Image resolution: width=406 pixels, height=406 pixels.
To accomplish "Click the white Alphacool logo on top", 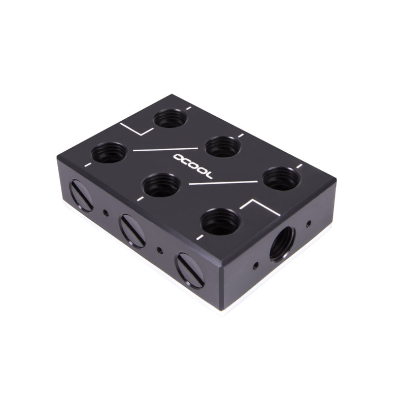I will tap(194, 164).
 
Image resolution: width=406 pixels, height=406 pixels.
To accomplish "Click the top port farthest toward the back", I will tap(171, 119).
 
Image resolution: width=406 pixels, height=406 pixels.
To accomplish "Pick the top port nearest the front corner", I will tap(221, 222).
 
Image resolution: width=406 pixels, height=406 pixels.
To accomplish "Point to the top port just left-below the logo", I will tap(161, 185).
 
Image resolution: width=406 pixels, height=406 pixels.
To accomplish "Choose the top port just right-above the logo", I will tap(223, 147).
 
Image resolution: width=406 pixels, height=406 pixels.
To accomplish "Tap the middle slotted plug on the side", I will tap(132, 230).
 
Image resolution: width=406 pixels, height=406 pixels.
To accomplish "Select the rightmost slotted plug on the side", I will tap(190, 270).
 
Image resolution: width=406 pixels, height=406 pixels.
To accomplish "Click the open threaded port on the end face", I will tap(282, 243).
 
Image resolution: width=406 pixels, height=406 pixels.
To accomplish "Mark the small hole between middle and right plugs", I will tap(160, 250).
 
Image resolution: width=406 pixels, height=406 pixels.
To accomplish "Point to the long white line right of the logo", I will tap(223, 182).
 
